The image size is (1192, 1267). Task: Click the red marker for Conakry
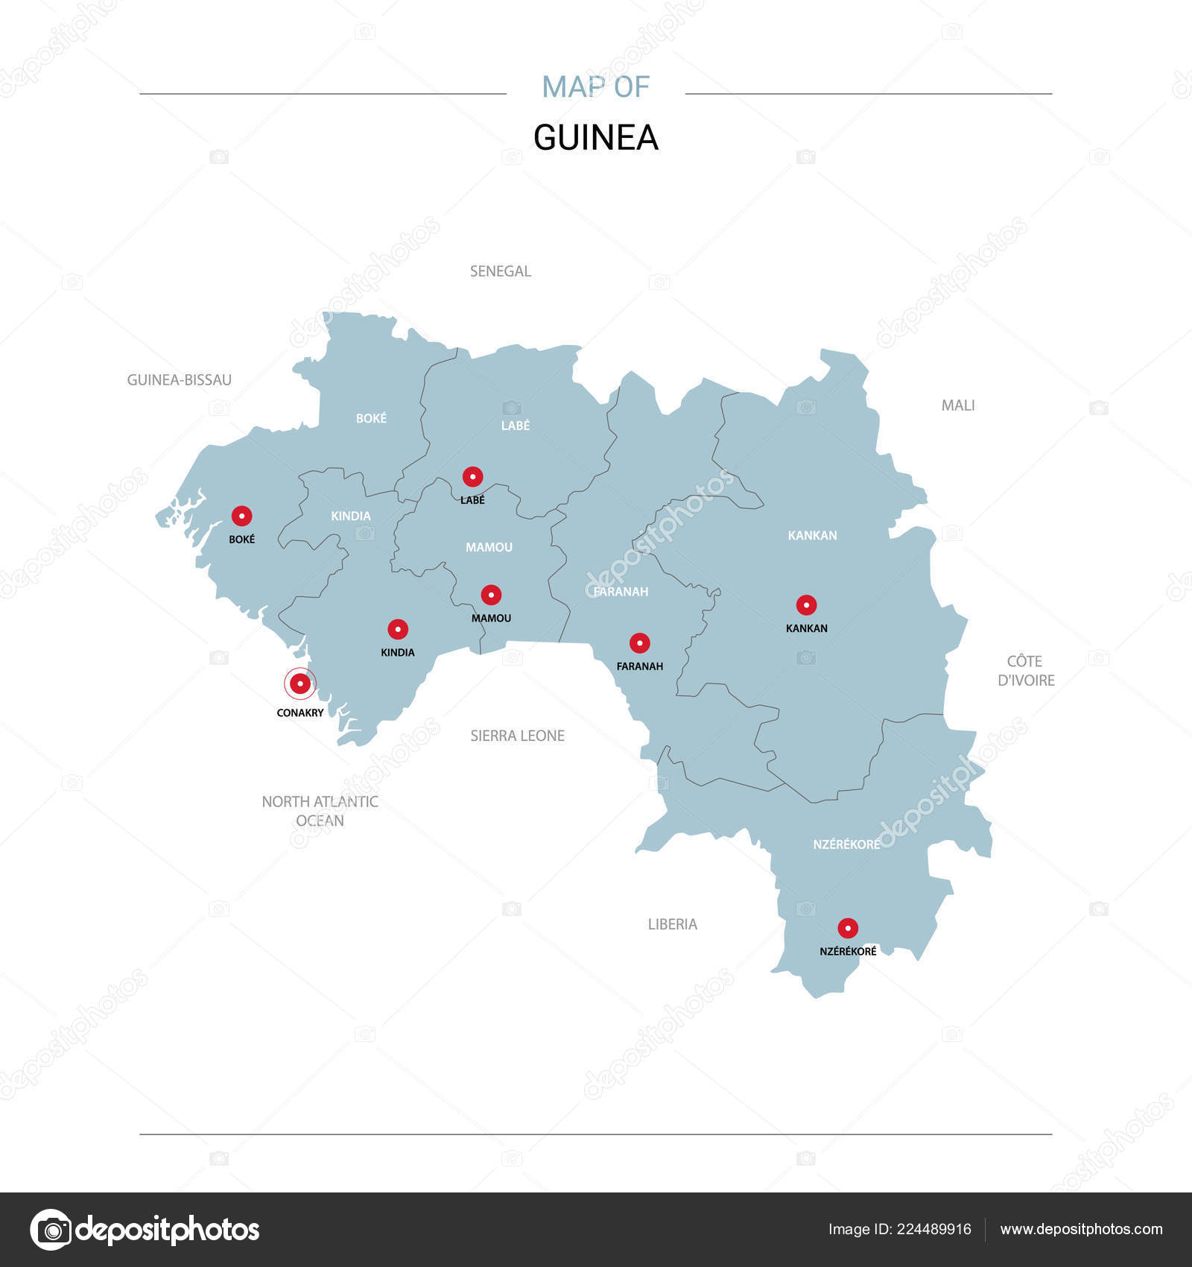(300, 683)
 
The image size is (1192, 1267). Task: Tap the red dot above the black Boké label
(241, 516)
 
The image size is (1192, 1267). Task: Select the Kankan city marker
(806, 605)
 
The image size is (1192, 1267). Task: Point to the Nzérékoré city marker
(848, 928)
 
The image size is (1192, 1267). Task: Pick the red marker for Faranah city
(639, 643)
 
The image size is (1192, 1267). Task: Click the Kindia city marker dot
(398, 629)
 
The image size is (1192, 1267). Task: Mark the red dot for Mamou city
(491, 595)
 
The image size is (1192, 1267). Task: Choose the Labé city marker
(472, 477)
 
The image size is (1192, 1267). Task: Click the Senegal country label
(501, 271)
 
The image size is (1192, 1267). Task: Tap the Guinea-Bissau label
(180, 380)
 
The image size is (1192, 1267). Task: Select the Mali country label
(958, 405)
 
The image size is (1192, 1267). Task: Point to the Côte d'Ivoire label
(1026, 671)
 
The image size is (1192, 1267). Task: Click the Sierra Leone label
(518, 736)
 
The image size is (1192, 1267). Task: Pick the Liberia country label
(673, 924)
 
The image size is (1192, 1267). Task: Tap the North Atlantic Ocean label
(320, 811)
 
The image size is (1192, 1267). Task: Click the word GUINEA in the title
(596, 138)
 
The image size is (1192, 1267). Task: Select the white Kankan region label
(813, 535)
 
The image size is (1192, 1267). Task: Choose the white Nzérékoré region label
(846, 844)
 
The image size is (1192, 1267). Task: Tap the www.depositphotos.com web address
(1081, 1229)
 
